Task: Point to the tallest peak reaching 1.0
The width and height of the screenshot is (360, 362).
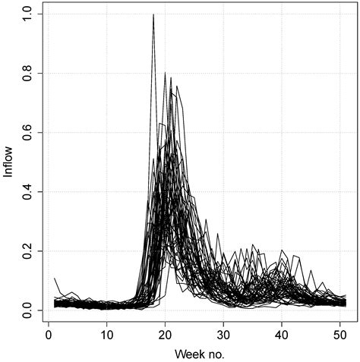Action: [x=153, y=14]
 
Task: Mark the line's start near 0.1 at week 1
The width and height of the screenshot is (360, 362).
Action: [x=55, y=279]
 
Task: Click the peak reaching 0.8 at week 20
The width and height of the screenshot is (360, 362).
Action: [x=165, y=73]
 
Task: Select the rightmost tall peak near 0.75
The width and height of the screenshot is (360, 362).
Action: [x=177, y=87]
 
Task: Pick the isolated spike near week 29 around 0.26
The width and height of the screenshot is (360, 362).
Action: [x=218, y=234]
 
